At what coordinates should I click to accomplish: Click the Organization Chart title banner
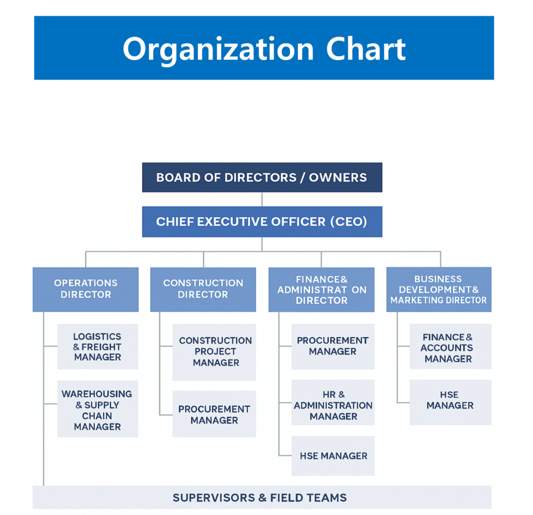[263, 48]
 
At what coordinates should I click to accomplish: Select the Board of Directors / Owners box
[262, 177]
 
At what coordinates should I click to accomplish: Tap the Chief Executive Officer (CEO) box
[262, 222]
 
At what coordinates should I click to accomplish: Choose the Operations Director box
[85, 289]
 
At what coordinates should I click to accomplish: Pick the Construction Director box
[203, 289]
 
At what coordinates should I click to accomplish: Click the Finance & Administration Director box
[321, 289]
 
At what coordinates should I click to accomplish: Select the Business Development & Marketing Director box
[439, 289]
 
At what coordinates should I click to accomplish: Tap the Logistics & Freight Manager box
[97, 347]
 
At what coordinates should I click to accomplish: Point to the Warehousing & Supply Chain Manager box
[97, 410]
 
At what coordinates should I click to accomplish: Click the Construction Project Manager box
[214, 352]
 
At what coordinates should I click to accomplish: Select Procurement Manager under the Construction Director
[214, 414]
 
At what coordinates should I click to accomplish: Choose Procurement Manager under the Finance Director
[333, 346]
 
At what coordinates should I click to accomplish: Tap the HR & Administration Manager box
[333, 405]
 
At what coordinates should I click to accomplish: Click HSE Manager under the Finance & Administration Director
[333, 456]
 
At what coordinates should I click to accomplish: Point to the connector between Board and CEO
[262, 199]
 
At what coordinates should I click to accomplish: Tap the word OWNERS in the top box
[338, 177]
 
